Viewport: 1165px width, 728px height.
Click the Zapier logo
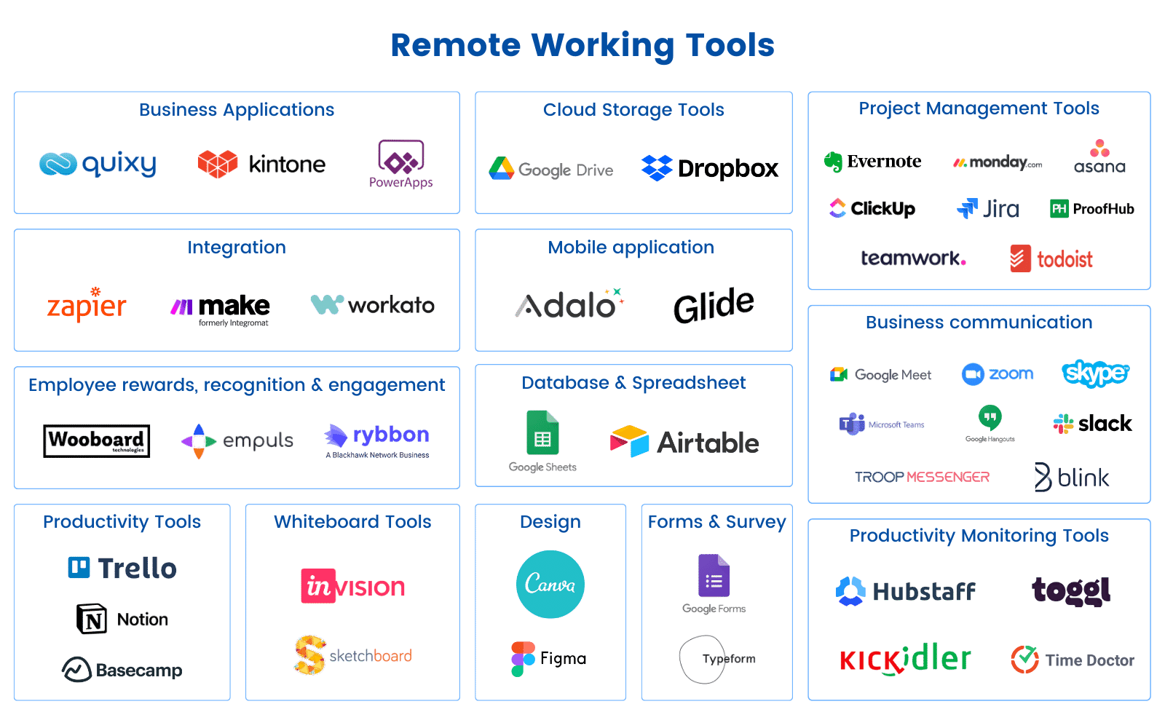(x=86, y=306)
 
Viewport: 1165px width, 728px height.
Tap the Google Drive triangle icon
(x=501, y=169)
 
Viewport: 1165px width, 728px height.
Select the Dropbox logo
(x=710, y=168)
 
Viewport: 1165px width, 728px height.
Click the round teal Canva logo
(x=550, y=584)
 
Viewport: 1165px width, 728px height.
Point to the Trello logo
(x=122, y=568)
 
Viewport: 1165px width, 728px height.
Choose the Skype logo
(x=1095, y=373)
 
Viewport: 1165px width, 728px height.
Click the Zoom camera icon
(x=973, y=374)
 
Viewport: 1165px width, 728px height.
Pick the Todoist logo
(x=1051, y=259)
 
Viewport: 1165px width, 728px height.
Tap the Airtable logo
(x=684, y=442)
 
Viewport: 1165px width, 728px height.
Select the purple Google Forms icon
(x=714, y=576)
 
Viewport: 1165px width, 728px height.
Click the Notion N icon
(x=92, y=620)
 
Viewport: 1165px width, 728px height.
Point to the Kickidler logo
(x=905, y=660)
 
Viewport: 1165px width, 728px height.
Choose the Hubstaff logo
(x=905, y=591)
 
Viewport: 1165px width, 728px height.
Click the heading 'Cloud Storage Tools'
(x=633, y=110)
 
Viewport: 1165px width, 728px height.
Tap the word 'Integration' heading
(x=237, y=248)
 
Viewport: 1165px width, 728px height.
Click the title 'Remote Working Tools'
(x=582, y=45)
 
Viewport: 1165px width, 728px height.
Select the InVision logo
(x=353, y=586)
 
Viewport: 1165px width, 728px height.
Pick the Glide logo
(x=714, y=305)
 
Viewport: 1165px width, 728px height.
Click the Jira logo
(x=988, y=209)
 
